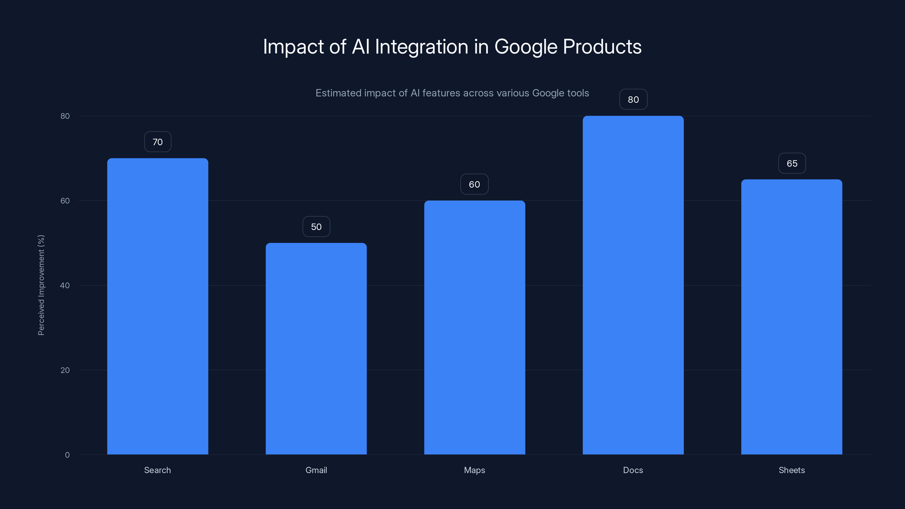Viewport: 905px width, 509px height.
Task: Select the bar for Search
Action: click(x=158, y=306)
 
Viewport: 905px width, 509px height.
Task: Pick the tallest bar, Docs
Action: click(x=633, y=285)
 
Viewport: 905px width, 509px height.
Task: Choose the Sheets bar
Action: click(x=792, y=316)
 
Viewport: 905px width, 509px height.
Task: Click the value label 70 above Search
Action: click(x=158, y=142)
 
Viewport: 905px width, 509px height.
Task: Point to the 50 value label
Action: click(x=316, y=227)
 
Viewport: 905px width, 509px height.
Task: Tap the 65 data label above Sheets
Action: click(x=792, y=163)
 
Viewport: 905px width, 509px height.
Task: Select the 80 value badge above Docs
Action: click(x=633, y=100)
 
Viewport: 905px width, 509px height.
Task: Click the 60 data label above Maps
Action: click(x=474, y=184)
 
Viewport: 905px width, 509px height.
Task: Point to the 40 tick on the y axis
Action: click(x=65, y=285)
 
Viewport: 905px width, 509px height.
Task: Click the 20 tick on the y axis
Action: click(x=65, y=370)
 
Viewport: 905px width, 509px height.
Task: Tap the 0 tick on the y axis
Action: click(x=67, y=455)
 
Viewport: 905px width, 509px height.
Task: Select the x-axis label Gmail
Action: click(x=316, y=470)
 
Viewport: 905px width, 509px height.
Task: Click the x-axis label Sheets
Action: click(x=792, y=470)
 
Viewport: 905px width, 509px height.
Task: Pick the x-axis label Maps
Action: click(x=474, y=470)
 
